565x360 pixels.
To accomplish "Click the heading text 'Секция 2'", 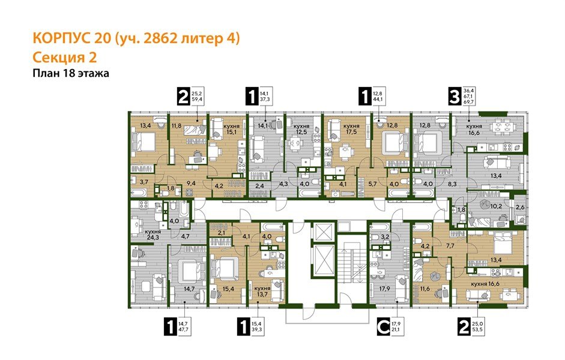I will pyautogui.click(x=63, y=57).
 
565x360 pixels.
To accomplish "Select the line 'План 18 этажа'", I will pyautogui.click(x=70, y=73).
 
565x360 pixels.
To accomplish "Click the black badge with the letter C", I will pyautogui.click(x=382, y=327).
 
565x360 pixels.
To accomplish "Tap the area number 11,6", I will pyautogui.click(x=426, y=289).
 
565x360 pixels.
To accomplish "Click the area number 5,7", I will pyautogui.click(x=372, y=184).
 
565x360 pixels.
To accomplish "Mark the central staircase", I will pyautogui.click(x=348, y=264).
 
